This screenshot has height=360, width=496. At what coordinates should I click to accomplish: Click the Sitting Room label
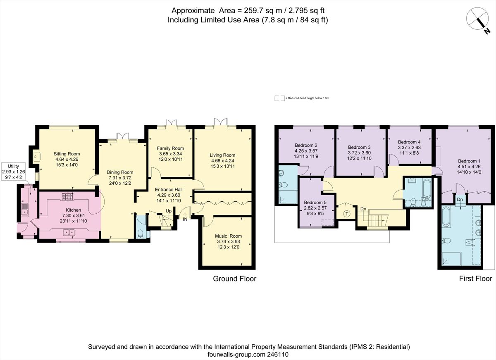[x=67, y=154]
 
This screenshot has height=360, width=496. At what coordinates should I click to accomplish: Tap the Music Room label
[x=228, y=236]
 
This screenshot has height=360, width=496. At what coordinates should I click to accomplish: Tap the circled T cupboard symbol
[x=347, y=214]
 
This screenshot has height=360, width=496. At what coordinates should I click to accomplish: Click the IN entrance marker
[x=185, y=219]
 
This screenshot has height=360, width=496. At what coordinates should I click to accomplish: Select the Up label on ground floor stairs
[x=169, y=211]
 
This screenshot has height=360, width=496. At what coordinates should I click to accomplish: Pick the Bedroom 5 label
[x=315, y=203]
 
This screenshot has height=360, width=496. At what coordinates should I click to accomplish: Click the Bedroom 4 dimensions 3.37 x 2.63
[x=409, y=148]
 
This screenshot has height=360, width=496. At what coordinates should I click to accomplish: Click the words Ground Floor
[x=234, y=279]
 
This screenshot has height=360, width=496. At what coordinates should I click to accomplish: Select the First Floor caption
[x=475, y=279]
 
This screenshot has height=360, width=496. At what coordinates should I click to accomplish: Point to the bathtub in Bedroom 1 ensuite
[x=446, y=217]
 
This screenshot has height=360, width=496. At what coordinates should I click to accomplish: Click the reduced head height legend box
[x=280, y=98]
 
